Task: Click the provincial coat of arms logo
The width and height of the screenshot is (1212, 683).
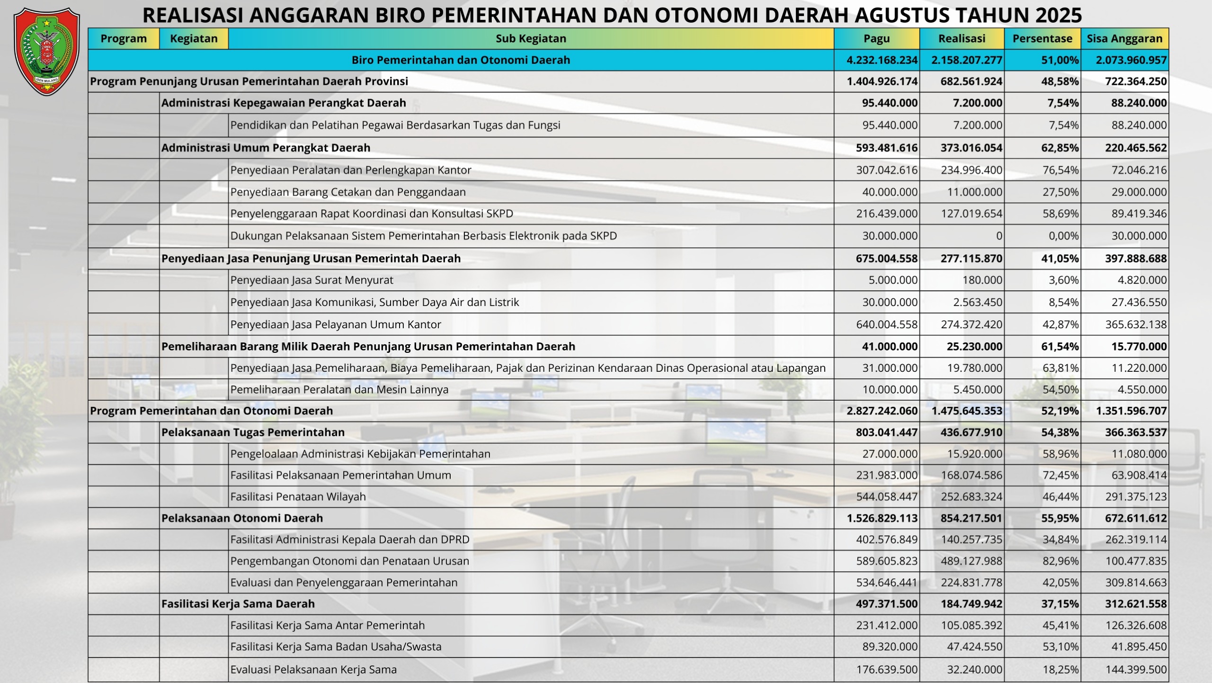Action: click(47, 51)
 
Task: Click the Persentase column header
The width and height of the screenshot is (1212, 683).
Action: click(1042, 39)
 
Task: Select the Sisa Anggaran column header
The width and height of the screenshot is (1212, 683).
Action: click(1124, 39)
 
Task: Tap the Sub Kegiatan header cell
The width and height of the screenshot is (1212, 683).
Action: click(531, 39)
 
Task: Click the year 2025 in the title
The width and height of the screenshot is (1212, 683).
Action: click(1058, 15)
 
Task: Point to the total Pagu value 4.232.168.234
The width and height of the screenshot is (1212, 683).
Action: click(882, 60)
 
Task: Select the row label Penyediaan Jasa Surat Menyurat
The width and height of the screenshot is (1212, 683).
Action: click(312, 280)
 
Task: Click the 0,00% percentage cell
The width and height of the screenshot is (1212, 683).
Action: click(1063, 236)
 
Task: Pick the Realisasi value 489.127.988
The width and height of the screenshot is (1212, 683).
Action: click(971, 561)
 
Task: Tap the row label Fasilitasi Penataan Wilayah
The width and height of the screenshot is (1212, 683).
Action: click(298, 496)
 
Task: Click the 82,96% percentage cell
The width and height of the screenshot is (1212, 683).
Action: click(1060, 561)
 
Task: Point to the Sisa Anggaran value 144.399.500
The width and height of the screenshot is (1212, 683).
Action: click(1136, 669)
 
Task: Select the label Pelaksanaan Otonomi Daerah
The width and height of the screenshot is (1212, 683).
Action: click(242, 518)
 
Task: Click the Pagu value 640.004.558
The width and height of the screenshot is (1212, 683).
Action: click(887, 324)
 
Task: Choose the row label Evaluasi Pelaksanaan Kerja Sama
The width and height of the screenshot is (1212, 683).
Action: click(313, 669)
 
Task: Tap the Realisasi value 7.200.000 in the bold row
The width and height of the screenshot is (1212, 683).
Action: click(977, 103)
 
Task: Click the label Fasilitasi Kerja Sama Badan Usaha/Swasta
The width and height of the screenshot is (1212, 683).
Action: click(336, 647)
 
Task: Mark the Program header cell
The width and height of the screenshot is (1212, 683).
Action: click(124, 39)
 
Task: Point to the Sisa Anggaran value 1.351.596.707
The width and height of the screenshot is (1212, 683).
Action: click(1131, 411)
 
